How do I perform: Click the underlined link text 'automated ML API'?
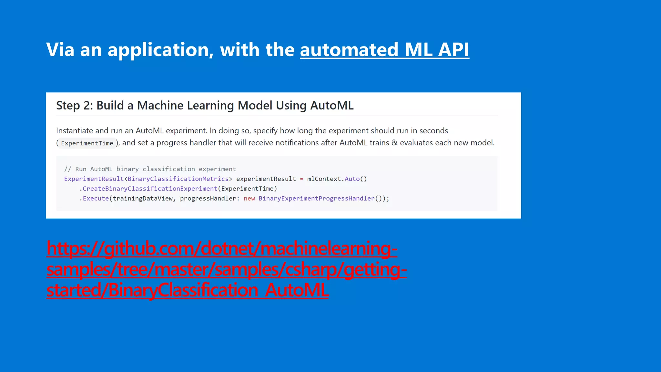384,50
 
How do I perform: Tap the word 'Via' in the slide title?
60,50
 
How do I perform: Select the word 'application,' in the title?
160,50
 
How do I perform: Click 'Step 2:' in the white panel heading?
74,106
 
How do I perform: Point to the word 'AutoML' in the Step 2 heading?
332,106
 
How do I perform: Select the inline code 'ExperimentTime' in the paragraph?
87,143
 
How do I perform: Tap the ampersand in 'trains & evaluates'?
394,143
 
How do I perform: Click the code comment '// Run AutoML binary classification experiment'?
150,169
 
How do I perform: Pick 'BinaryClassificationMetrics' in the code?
178,179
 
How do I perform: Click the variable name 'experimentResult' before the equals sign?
266,179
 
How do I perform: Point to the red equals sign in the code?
301,179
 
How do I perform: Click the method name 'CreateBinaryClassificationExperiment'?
150,189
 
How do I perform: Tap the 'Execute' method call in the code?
96,199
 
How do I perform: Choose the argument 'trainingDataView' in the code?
143,199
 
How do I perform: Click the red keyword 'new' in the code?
249,199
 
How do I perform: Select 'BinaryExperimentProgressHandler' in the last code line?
316,199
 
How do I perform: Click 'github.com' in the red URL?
150,249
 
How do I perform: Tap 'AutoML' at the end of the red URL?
297,290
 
